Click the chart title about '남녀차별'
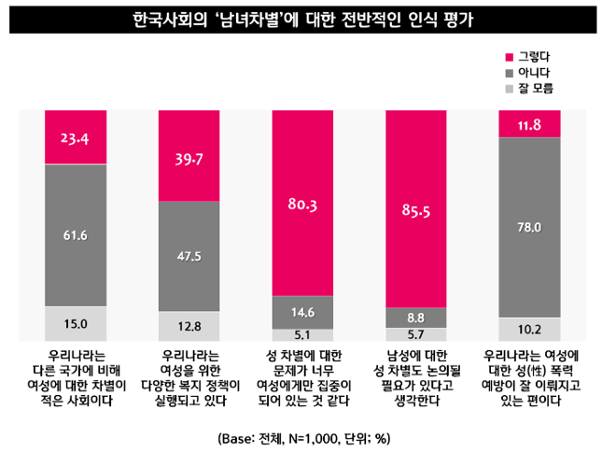click(301, 21)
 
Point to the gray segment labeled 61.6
click(76, 234)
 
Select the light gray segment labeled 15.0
click(76, 323)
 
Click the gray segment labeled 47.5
click(189, 255)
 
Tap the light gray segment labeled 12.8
click(189, 326)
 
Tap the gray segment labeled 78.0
click(529, 226)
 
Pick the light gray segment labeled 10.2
click(529, 329)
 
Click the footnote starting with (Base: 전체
click(301, 436)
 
